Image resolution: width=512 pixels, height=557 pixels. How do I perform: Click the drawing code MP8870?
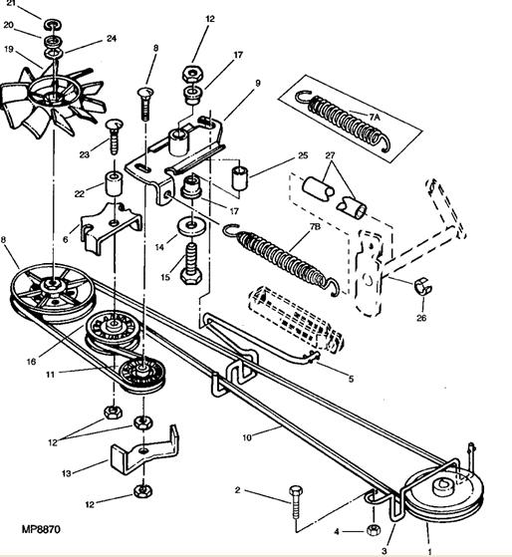41,530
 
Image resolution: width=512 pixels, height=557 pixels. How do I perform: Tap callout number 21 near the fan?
12,4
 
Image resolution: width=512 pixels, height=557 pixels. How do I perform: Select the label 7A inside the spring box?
374,117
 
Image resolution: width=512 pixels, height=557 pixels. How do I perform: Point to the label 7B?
315,226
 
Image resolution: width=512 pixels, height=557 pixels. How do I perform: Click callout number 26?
421,318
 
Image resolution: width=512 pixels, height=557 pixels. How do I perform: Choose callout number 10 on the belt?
247,437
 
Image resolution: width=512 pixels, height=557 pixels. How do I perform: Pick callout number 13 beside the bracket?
67,473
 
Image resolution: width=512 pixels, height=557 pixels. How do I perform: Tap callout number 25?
303,155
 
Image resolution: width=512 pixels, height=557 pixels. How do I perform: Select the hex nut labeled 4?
373,530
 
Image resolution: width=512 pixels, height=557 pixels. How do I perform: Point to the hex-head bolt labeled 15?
191,264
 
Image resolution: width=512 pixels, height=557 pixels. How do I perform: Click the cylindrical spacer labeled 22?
114,183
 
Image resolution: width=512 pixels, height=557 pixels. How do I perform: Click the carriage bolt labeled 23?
114,137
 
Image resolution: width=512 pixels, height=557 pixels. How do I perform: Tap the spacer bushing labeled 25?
240,176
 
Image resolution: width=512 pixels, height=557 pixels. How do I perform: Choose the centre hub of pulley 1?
444,486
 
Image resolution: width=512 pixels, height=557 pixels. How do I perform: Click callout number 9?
258,83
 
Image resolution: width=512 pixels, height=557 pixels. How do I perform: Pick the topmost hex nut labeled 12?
193,75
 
